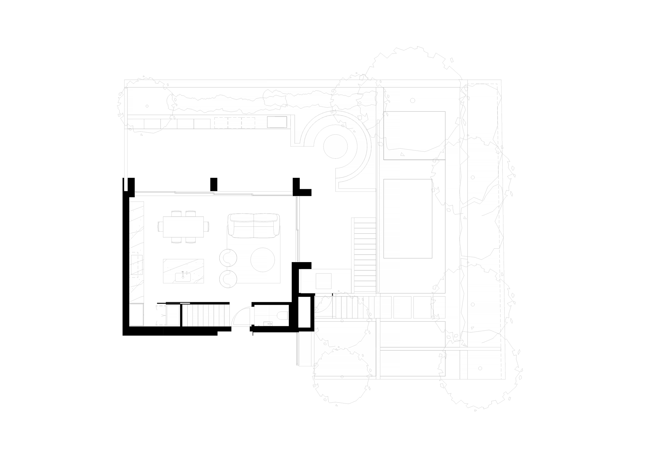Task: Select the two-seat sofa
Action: click(x=253, y=225)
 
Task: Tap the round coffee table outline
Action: click(x=263, y=260)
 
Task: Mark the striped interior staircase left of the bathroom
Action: click(x=206, y=315)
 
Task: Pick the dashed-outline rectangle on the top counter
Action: click(x=234, y=123)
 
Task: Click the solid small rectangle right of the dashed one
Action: click(x=277, y=122)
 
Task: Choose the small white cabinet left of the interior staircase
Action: click(x=172, y=315)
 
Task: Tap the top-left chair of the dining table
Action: click(x=177, y=214)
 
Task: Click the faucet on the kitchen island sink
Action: click(x=183, y=272)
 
